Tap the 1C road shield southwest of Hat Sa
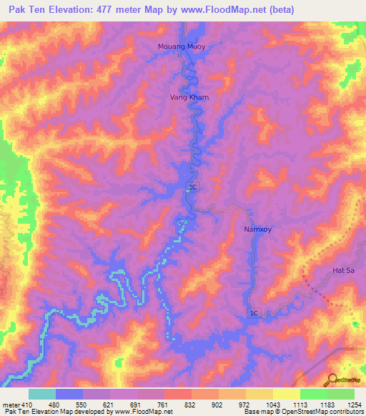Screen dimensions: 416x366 click(253, 314)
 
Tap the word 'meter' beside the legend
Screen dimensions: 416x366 click(11, 405)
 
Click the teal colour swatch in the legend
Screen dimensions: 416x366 click(42, 394)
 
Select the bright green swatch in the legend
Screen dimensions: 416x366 click(313, 394)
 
